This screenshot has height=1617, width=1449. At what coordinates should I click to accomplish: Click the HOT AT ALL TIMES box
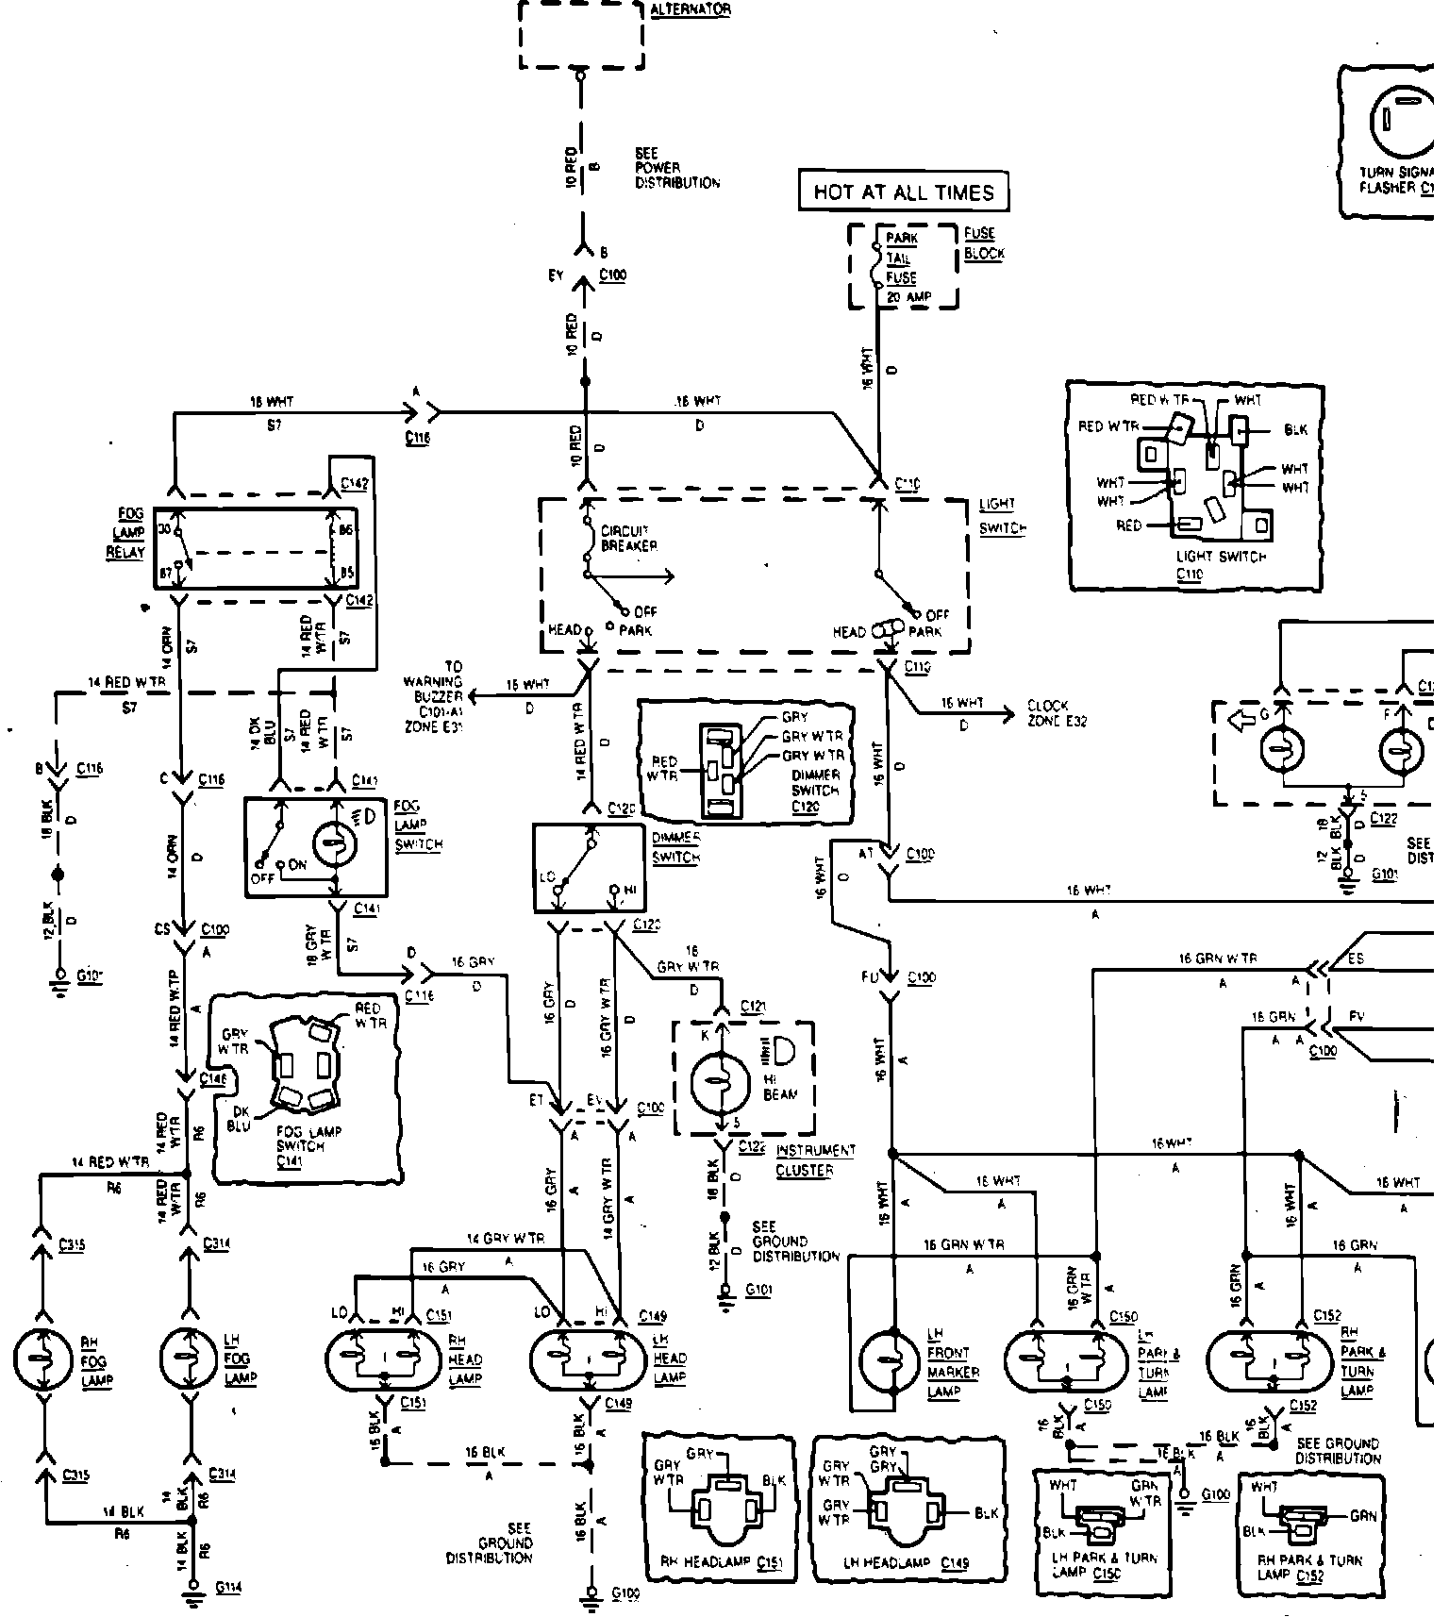(903, 192)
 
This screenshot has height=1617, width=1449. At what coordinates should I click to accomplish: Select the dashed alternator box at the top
(581, 34)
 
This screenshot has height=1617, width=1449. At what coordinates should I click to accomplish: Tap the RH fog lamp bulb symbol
(42, 1359)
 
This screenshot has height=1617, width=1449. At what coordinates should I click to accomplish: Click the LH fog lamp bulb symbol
(190, 1359)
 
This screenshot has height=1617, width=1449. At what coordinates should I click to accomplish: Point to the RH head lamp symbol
(384, 1359)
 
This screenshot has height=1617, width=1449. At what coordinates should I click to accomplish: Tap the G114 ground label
(227, 1587)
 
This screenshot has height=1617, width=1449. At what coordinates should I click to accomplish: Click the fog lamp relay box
(258, 548)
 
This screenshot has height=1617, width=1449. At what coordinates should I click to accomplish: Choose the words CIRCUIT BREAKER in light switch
(628, 539)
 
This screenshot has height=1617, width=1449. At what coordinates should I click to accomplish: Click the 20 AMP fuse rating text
(908, 297)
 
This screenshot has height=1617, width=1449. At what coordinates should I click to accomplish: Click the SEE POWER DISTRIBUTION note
(676, 168)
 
